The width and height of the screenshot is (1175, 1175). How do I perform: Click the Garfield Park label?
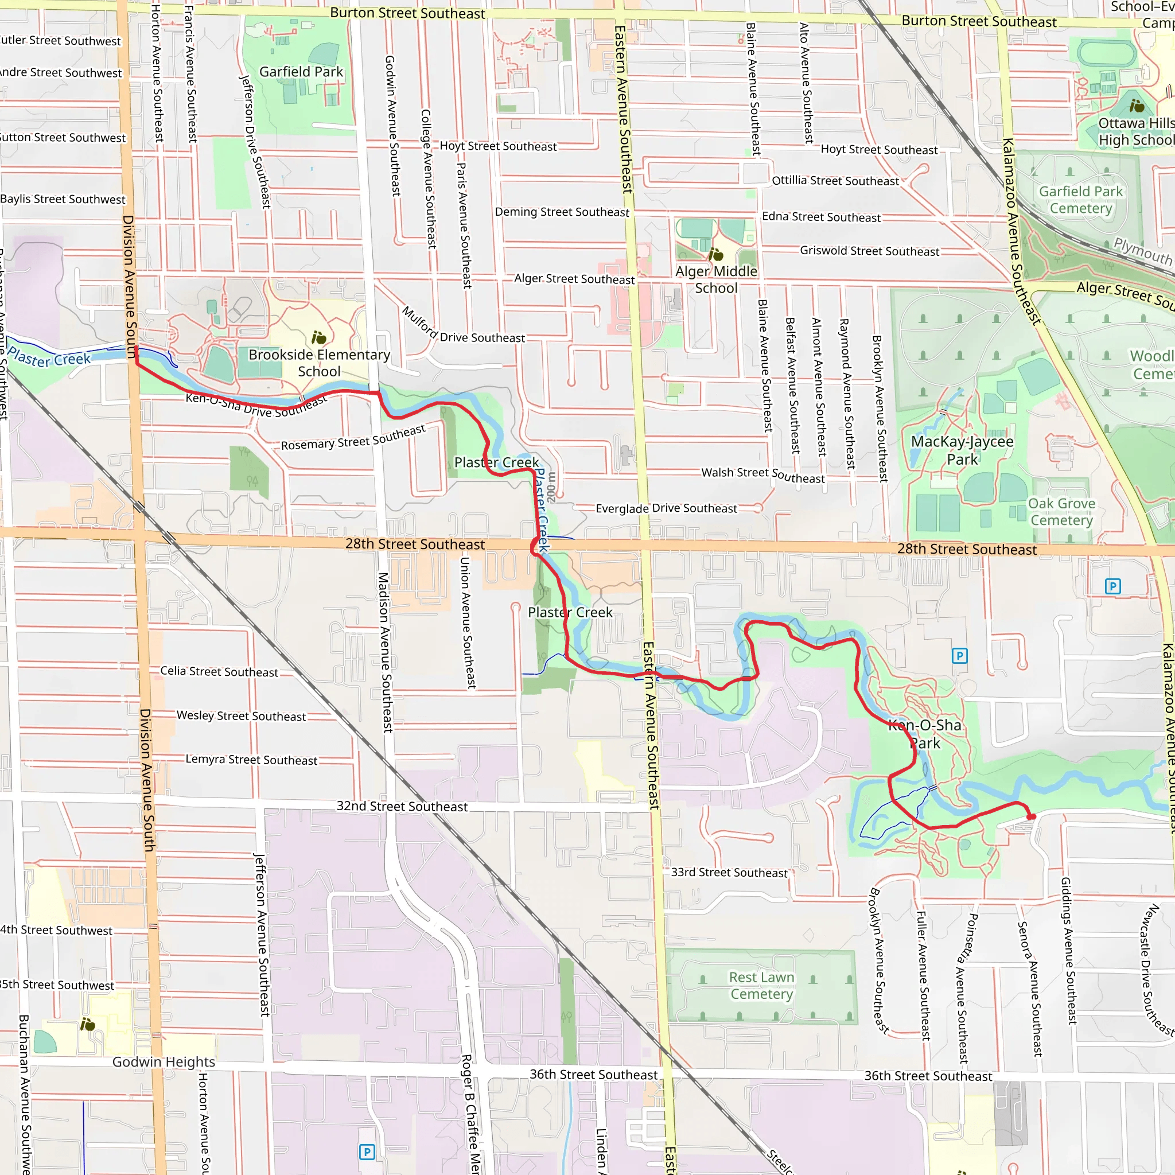[301, 72]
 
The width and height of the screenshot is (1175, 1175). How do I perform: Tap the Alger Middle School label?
[717, 280]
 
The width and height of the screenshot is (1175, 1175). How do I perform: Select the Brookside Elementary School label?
[320, 363]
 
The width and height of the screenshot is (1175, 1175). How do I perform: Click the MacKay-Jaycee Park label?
[962, 450]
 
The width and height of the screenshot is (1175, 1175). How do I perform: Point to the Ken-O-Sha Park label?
[925, 734]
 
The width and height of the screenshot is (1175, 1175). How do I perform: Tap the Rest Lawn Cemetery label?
[761, 985]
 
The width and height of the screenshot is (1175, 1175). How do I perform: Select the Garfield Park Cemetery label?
[1081, 200]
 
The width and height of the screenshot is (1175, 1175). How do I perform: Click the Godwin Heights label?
[164, 1062]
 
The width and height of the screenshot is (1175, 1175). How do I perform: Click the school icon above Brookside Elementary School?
[318, 337]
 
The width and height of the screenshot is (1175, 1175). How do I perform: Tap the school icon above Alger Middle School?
[717, 254]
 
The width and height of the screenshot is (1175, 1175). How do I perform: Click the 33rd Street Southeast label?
[729, 872]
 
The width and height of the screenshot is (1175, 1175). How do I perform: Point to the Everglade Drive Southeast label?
[666, 508]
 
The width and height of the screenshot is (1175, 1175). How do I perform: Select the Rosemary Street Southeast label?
[353, 438]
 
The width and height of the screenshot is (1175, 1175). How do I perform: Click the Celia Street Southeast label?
[219, 671]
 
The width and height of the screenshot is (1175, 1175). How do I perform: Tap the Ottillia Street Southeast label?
[835, 181]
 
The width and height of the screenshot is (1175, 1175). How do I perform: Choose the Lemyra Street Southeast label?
[251, 760]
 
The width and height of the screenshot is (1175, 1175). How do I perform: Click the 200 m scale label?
[551, 487]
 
